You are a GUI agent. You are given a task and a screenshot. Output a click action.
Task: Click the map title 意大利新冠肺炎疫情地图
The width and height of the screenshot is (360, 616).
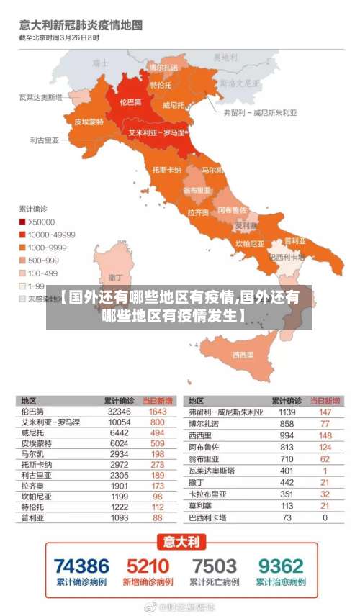pyautogui.click(x=80, y=25)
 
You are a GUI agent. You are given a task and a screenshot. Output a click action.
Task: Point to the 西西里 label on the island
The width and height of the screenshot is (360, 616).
pyautogui.click(x=243, y=355)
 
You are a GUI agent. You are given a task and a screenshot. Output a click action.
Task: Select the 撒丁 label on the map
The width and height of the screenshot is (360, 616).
pyautogui.click(x=114, y=276)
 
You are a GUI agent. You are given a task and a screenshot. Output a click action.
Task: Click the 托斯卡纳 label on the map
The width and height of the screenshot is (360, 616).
pyautogui.click(x=167, y=170)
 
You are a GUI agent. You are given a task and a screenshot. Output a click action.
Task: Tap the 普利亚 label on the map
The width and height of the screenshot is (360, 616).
pyautogui.click(x=295, y=240)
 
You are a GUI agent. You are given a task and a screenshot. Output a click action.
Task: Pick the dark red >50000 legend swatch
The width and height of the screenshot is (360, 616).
pyautogui.click(x=22, y=222)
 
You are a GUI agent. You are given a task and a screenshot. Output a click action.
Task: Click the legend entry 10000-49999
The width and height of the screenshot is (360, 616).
pyautogui.click(x=51, y=235)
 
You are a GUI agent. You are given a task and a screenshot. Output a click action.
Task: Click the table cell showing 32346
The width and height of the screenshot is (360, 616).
pyautogui.click(x=119, y=412)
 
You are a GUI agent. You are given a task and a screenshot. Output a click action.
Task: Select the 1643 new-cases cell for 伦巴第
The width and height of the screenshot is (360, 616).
pyautogui.click(x=157, y=412)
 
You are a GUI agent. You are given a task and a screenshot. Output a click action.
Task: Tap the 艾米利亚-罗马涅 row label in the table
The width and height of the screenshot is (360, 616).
pyautogui.click(x=50, y=422)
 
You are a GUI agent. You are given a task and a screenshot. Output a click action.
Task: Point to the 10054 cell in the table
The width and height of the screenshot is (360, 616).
pyautogui.click(x=119, y=422)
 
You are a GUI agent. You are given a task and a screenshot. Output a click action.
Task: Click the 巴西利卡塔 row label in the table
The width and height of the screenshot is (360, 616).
pyautogui.click(x=207, y=517)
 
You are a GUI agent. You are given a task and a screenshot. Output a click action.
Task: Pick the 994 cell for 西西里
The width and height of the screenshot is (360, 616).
pyautogui.click(x=287, y=435)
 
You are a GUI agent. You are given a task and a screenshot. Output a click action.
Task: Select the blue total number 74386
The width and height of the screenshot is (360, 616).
pyautogui.click(x=81, y=566)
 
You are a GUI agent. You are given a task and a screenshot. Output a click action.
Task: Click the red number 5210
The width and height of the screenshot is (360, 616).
pyautogui.click(x=148, y=566)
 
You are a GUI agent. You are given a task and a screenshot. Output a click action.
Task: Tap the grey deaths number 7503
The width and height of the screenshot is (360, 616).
pyautogui.click(x=214, y=566)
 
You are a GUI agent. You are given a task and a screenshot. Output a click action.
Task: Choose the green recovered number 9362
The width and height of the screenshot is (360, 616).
pyautogui.click(x=281, y=566)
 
